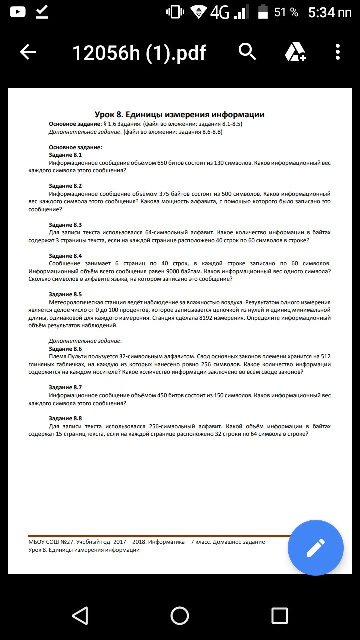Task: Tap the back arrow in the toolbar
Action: [28, 52]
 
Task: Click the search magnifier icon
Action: [247, 51]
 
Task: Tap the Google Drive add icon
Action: [295, 52]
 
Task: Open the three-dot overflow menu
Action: [338, 52]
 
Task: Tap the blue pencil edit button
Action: [315, 548]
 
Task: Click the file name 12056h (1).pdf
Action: [139, 52]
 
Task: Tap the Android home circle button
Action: [180, 615]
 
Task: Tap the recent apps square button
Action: [280, 615]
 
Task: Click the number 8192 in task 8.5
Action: [208, 318]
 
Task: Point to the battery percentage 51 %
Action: [286, 13]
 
